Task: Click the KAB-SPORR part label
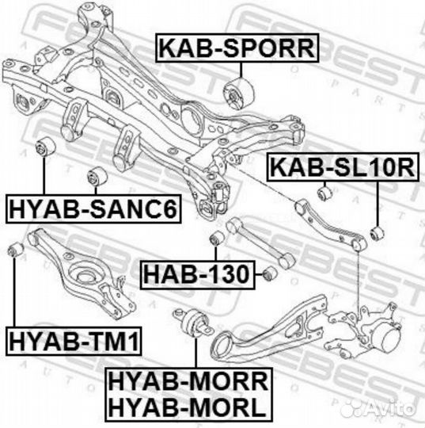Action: coord(237,48)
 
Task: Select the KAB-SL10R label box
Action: coord(343,167)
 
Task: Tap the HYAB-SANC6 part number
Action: coord(93,209)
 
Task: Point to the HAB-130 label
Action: coord(198,274)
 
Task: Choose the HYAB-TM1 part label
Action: coord(74,341)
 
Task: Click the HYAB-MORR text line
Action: coord(188,381)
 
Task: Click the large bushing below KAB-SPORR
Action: coord(238,93)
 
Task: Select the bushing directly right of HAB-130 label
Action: coord(270,273)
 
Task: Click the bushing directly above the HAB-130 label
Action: coord(217,239)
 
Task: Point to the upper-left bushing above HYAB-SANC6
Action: coord(46,147)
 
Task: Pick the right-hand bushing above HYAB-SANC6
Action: coord(97,178)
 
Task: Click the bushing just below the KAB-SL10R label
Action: coord(325,193)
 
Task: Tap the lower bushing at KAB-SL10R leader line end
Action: coord(378,234)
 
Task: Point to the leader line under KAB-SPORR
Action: coord(241,71)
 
